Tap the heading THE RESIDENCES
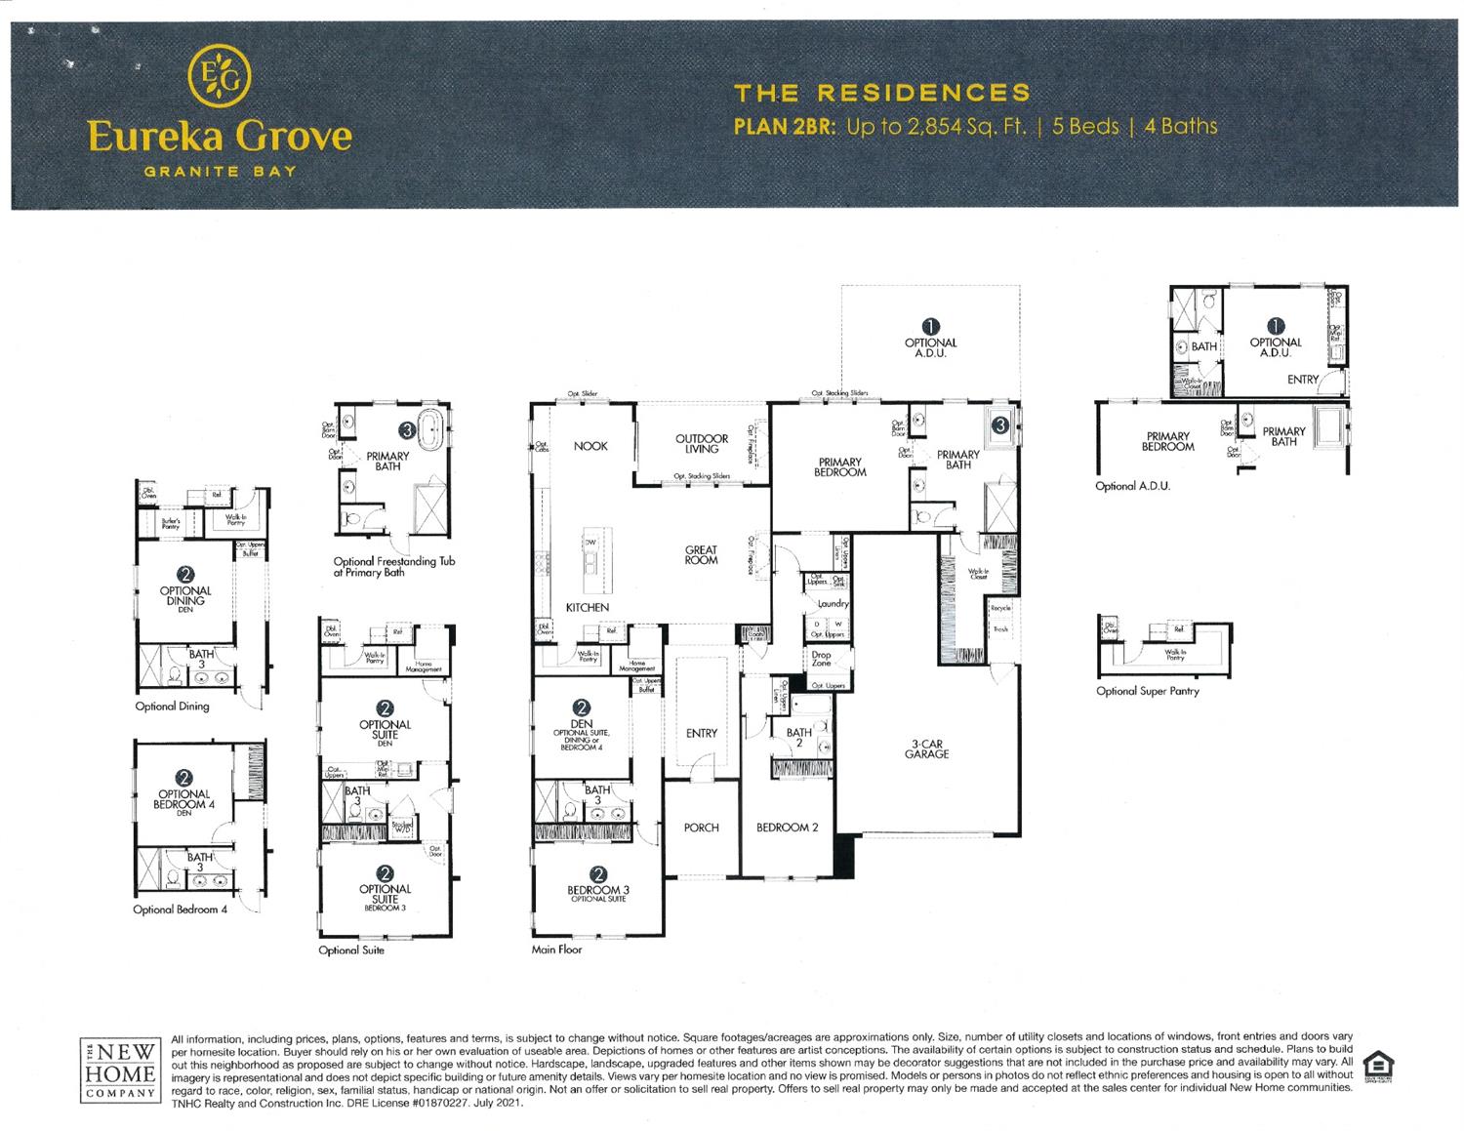click(881, 93)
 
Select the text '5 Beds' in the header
click(1085, 126)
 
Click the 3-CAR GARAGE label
click(926, 748)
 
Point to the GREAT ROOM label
click(701, 554)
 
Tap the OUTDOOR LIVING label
click(701, 443)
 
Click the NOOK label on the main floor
click(590, 446)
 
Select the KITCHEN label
click(588, 607)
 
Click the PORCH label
click(701, 828)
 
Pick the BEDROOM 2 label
click(787, 828)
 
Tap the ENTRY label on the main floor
click(701, 733)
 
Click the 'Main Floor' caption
click(556, 949)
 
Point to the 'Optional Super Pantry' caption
click(1147, 691)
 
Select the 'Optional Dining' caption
click(172, 706)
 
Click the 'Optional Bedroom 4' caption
click(180, 909)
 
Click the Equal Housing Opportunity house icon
click(1377, 1065)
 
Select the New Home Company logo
click(119, 1070)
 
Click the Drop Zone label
click(821, 659)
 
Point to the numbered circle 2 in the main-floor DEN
click(582, 707)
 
